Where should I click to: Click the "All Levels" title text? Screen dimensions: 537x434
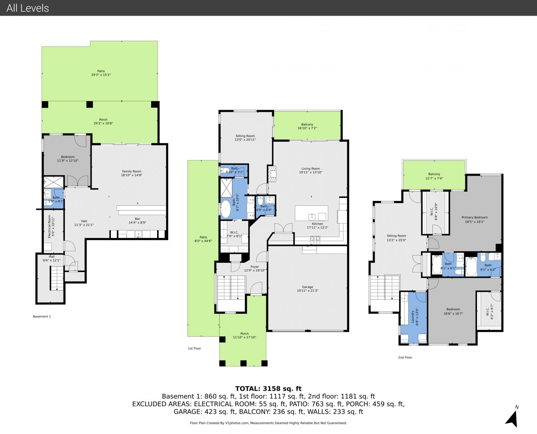[28, 8]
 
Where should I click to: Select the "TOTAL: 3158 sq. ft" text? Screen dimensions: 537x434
[268, 389]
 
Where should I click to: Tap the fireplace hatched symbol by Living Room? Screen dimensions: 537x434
[272, 174]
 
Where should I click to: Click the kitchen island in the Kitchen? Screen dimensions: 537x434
[312, 213]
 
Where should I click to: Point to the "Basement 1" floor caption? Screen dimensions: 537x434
[42, 316]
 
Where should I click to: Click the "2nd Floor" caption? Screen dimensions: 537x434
[405, 357]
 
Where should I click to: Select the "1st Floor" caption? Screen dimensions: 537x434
[194, 348]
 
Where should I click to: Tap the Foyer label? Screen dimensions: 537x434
[255, 266]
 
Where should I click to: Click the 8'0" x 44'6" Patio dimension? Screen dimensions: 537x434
[203, 241]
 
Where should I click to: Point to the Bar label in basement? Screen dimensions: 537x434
[138, 219]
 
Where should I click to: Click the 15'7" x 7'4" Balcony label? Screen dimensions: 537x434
[434, 176]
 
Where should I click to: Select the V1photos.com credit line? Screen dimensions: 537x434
[268, 423]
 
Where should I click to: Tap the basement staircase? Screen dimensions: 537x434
[57, 278]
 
